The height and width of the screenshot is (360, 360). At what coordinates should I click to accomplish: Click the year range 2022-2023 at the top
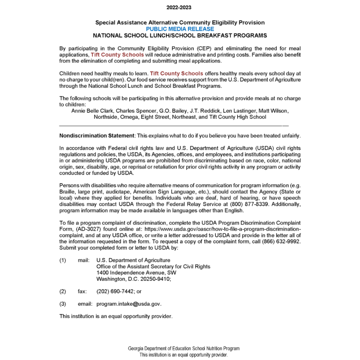coord(180,7)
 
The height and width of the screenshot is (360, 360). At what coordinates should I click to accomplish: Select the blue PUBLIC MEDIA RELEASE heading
coord(180,29)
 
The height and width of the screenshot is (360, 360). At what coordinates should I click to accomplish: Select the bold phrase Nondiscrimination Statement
coord(97,136)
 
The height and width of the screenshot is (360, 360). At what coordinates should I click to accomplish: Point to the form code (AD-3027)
coord(86,229)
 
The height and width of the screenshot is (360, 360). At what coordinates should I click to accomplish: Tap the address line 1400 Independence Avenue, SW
coord(136,273)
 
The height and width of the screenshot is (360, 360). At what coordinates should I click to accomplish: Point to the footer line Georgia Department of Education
coord(184,349)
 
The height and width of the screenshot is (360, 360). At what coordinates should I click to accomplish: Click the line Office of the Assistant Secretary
coord(153,266)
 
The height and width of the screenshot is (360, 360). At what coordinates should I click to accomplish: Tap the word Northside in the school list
coord(106,117)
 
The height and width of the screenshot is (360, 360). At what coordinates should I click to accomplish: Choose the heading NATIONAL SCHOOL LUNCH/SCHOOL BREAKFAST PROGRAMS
coord(180,36)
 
